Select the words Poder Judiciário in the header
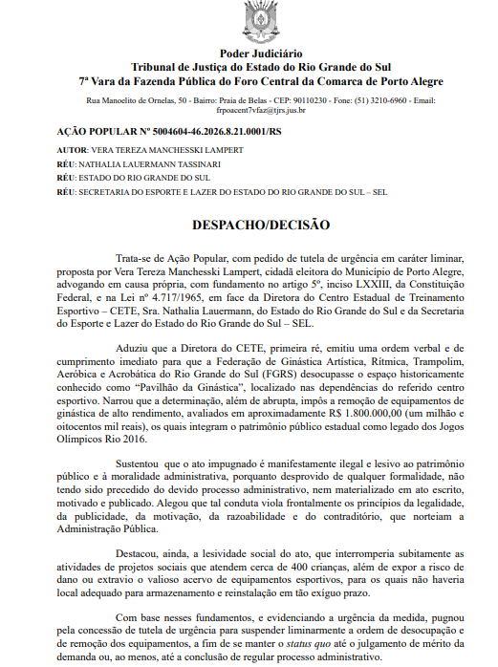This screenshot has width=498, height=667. (248, 54)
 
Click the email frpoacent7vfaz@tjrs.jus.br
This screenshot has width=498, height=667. (249, 110)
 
